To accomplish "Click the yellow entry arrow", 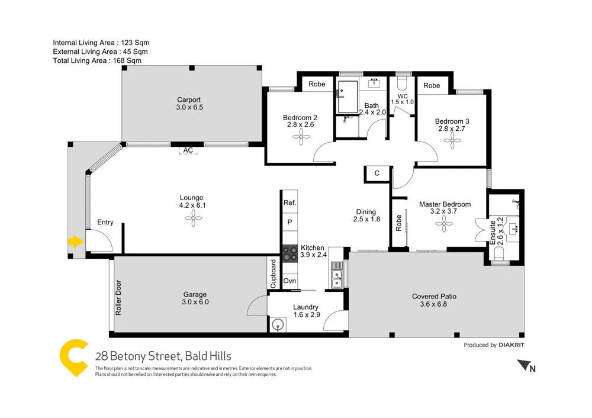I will (74, 241).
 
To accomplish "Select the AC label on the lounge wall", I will (188, 150).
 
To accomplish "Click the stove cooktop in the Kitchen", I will (289, 254).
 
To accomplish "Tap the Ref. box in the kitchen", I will (289, 202).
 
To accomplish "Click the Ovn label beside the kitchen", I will (289, 281).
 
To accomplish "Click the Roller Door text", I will (118, 297).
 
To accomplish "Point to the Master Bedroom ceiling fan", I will (445, 223).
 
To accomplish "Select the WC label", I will (403, 96).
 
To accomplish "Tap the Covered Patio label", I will (434, 297).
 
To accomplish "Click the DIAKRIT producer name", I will (511, 345).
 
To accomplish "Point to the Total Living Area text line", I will (97, 60).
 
